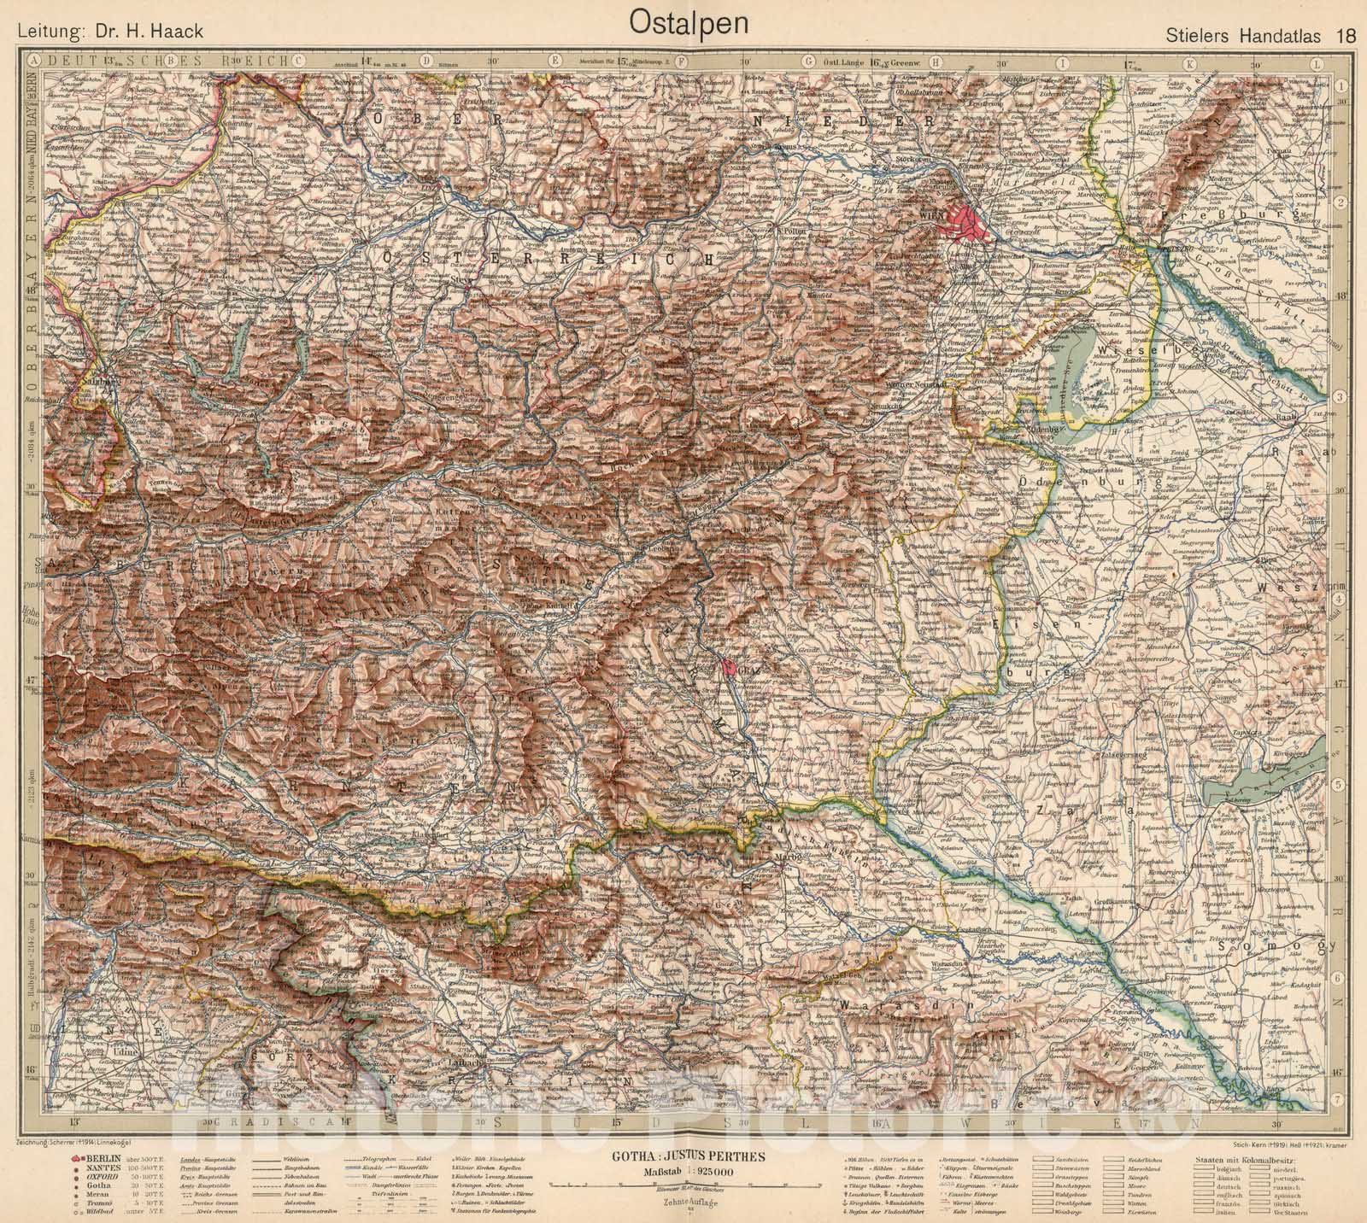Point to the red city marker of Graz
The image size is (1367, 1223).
[x=728, y=667]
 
